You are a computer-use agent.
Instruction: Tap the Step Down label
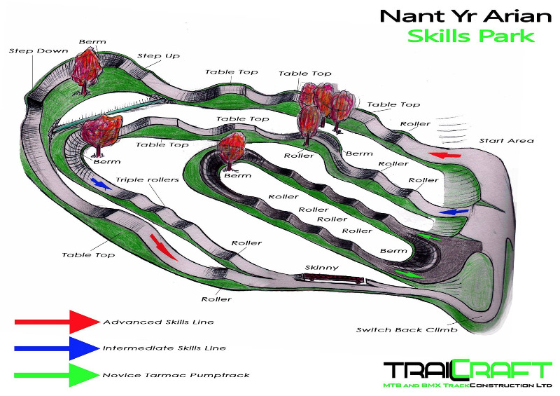(29, 51)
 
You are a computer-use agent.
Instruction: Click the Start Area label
(506, 141)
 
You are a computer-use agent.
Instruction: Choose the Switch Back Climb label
(396, 329)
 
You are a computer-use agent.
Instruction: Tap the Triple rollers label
(148, 180)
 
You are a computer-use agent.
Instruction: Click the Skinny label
(322, 267)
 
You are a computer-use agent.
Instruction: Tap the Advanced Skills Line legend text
(158, 322)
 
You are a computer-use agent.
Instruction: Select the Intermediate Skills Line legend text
(164, 348)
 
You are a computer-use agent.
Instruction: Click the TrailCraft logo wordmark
(468, 371)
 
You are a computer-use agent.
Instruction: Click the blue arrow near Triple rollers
(100, 184)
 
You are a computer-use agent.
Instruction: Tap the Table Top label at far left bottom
(87, 255)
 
